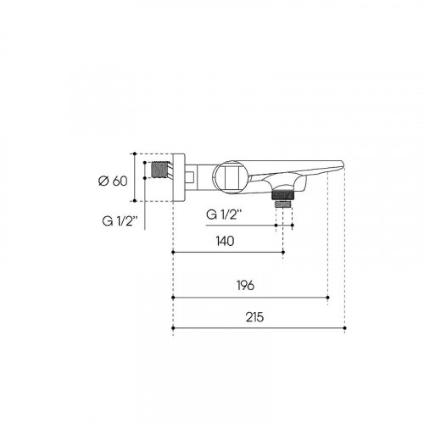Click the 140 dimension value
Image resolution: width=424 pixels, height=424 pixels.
tap(225, 241)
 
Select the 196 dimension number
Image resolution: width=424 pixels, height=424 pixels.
tap(245, 285)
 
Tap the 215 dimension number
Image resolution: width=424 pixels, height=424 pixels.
tap(254, 317)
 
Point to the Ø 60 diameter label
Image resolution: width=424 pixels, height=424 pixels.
tap(113, 181)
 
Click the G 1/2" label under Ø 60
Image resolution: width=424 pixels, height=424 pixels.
tap(120, 220)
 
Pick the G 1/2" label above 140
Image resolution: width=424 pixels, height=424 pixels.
tap(224, 215)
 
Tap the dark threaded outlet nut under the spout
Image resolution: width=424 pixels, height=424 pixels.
tap(283, 194)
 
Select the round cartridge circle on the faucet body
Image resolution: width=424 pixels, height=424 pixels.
tap(231, 176)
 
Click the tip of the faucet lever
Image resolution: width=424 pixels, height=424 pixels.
tap(343, 164)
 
